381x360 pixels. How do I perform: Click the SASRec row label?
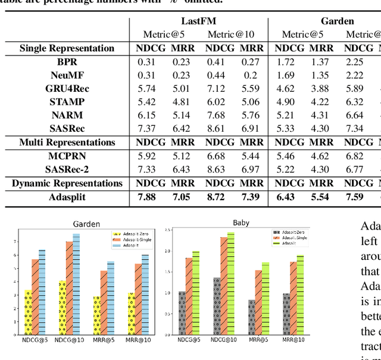(67, 128)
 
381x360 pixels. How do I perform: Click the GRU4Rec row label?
(67, 88)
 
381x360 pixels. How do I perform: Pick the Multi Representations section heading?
(67, 142)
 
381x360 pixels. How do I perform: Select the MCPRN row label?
(67, 156)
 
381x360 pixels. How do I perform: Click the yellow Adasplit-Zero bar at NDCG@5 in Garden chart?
(27, 312)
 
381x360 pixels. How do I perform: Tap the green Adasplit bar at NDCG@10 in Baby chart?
(230, 284)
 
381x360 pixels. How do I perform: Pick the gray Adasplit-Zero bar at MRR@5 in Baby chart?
(252, 317)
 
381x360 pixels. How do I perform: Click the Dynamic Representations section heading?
(67, 183)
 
